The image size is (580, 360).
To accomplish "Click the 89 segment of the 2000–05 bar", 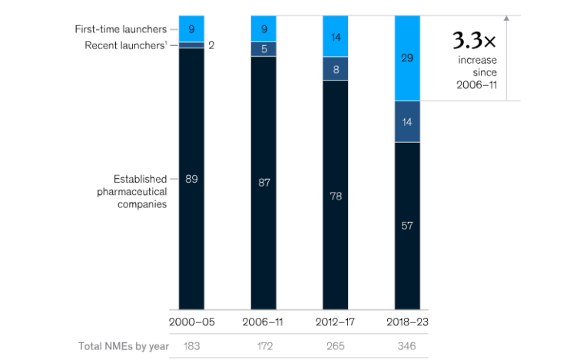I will point(191,179).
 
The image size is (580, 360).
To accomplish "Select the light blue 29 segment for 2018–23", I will point(407,58).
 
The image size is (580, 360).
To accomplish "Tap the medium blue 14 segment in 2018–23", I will point(407,121).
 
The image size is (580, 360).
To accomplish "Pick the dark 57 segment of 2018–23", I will point(407,226).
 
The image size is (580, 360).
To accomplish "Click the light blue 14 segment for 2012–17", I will point(336,36).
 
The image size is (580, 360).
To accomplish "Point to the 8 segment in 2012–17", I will point(336,68).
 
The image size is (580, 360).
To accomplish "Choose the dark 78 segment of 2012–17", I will point(336,195).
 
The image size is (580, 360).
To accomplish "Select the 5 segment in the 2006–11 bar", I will point(263,48).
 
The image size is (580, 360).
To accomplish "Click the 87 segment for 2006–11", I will point(263,183).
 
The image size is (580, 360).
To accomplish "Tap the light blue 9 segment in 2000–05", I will point(191,28).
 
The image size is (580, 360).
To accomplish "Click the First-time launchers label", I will point(120,29).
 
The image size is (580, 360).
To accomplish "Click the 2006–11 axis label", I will point(263,322).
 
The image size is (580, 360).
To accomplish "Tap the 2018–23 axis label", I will point(407,322).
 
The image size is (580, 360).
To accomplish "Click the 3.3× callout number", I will point(468,40).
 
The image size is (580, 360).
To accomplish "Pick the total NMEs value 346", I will point(407,346).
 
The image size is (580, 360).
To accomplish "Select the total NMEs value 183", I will point(191,346).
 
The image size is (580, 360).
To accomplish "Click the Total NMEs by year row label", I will point(123,346).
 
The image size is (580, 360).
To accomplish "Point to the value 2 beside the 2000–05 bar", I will point(211,45).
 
